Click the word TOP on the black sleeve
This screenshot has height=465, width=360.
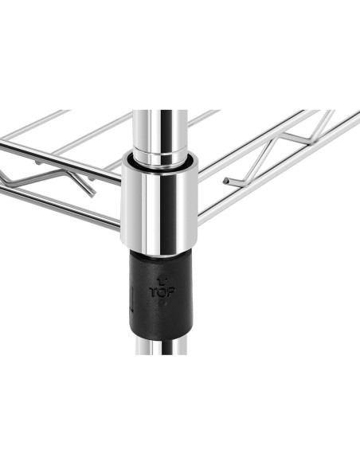click(x=162, y=292)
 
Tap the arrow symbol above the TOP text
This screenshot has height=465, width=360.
click(x=162, y=281)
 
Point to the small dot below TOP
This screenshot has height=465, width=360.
click(x=165, y=303)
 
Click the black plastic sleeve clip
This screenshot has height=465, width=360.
click(x=162, y=295)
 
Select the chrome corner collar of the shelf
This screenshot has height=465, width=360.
click(x=158, y=202)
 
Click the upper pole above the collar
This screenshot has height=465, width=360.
click(x=160, y=131)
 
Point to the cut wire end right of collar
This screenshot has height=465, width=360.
click(x=225, y=180)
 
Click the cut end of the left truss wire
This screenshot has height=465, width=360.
click(x=92, y=194)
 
